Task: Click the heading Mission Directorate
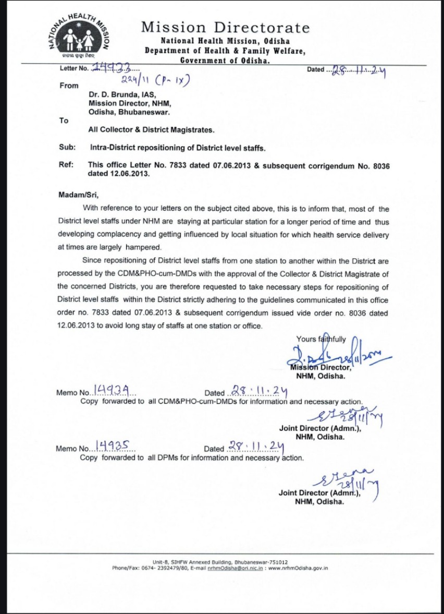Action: point(225,27)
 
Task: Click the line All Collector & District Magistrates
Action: point(151,130)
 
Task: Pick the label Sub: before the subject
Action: point(67,148)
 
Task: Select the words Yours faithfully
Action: point(321,339)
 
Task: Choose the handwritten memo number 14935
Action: point(114,446)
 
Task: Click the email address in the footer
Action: point(235,568)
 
